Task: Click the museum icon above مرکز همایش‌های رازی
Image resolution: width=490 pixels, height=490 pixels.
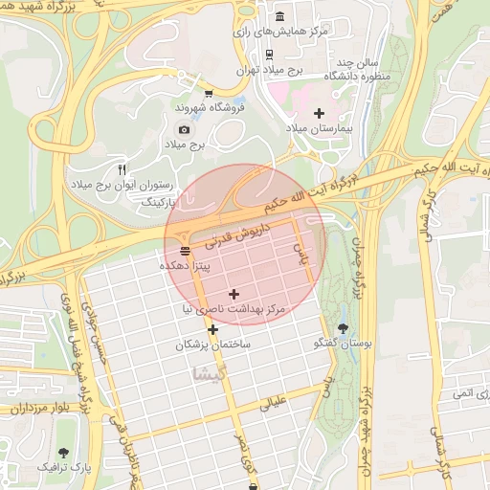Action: click(279, 18)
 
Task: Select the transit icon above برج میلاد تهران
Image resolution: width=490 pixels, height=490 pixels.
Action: click(270, 55)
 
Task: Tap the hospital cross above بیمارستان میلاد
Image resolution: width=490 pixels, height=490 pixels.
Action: click(319, 113)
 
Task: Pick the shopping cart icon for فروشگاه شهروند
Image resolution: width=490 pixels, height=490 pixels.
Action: click(209, 93)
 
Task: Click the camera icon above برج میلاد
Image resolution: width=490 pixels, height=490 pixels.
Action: click(184, 129)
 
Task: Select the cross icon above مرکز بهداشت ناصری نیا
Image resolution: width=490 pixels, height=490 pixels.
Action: click(234, 294)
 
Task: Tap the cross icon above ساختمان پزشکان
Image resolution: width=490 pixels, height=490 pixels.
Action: click(212, 329)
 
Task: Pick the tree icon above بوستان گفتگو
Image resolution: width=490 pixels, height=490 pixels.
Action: click(343, 328)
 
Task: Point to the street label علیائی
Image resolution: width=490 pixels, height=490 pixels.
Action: click(273, 402)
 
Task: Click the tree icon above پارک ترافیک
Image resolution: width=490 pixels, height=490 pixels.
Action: click(64, 451)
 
